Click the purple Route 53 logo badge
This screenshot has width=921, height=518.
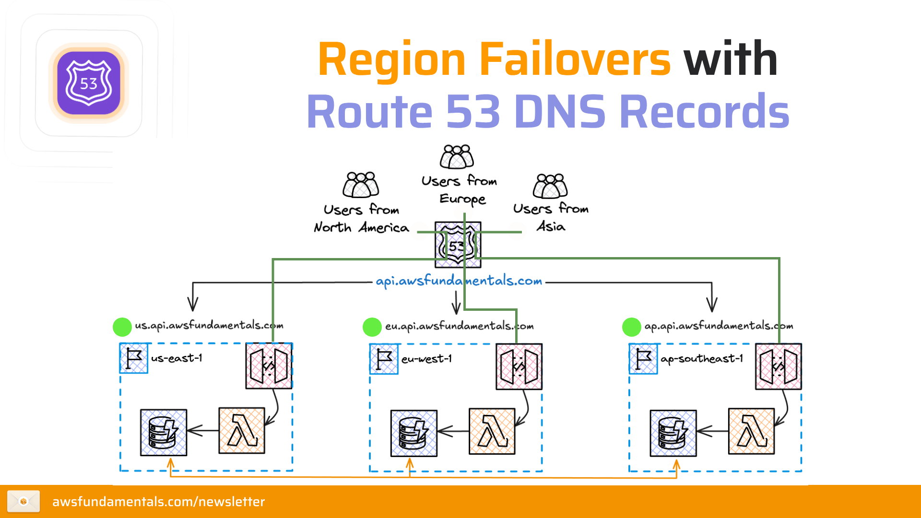(x=89, y=83)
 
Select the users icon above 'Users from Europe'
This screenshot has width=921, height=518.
(x=457, y=157)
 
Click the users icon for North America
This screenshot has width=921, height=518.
(x=361, y=185)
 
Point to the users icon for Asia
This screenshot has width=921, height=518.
(x=550, y=186)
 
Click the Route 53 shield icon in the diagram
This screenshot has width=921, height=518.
(x=458, y=245)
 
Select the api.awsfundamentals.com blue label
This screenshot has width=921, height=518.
(x=459, y=281)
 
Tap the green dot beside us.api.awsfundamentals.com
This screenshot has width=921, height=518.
(x=122, y=327)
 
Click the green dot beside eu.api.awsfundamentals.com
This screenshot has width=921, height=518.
(x=372, y=327)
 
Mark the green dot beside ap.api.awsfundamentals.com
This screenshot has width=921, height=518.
(x=632, y=327)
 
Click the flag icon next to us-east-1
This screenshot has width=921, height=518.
(x=133, y=358)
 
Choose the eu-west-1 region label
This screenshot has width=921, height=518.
(x=426, y=359)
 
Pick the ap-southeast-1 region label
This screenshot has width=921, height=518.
(x=701, y=359)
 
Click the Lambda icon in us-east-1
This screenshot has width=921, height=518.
(x=242, y=431)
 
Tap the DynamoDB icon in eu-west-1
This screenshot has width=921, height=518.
(x=413, y=433)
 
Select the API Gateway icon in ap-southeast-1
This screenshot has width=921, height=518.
(x=778, y=366)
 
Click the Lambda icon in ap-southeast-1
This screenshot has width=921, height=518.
(x=751, y=431)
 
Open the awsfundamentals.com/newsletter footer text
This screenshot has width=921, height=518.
(x=158, y=502)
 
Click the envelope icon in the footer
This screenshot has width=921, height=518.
(x=24, y=501)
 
